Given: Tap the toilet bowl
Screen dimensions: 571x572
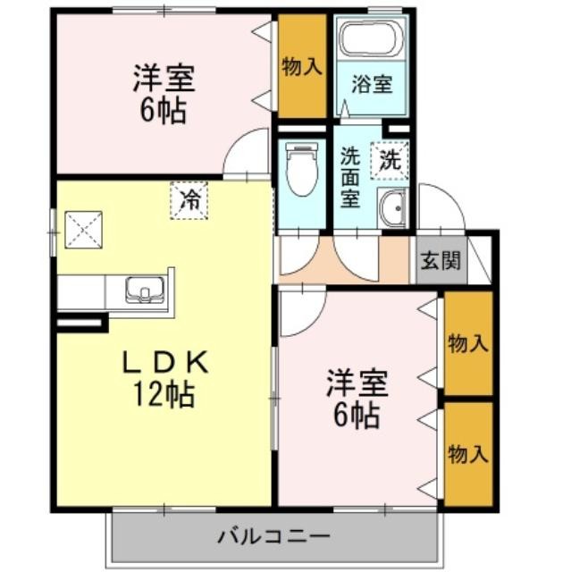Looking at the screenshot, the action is pyautogui.click(x=301, y=169).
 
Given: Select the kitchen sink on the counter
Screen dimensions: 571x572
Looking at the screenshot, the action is pyautogui.click(x=145, y=290).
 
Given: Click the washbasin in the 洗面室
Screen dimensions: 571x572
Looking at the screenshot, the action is pyautogui.click(x=391, y=208).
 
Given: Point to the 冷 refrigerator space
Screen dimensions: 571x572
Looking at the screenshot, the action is pyautogui.click(x=189, y=200).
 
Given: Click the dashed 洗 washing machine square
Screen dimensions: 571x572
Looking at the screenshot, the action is pyautogui.click(x=389, y=161).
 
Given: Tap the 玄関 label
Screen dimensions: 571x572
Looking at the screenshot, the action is pyautogui.click(x=441, y=260).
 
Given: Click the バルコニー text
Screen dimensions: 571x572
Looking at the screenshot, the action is pyautogui.click(x=274, y=536).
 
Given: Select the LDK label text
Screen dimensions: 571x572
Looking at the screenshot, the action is pyautogui.click(x=165, y=362).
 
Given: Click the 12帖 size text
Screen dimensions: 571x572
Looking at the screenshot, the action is pyautogui.click(x=164, y=394).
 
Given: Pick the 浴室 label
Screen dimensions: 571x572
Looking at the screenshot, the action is pyautogui.click(x=372, y=84).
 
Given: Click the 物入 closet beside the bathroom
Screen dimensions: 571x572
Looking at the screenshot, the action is pyautogui.click(x=302, y=66).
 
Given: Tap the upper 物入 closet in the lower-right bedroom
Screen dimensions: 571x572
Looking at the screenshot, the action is pyautogui.click(x=468, y=343).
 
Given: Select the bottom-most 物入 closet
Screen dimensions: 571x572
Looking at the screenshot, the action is pyautogui.click(x=468, y=454).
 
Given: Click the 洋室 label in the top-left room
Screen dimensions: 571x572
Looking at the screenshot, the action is pyautogui.click(x=164, y=79).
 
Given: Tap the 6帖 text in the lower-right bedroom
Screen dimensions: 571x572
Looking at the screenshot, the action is pyautogui.click(x=357, y=416).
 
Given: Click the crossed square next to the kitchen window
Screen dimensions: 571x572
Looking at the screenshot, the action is pyautogui.click(x=83, y=230).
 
